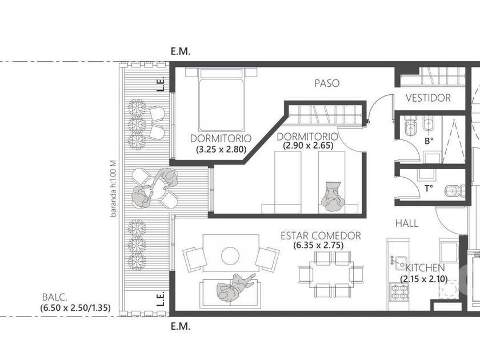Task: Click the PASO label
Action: [x=327, y=83]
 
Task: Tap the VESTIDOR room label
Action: [x=428, y=98]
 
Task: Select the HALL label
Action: [x=407, y=223]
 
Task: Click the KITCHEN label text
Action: [x=425, y=268]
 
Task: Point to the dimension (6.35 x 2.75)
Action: [x=318, y=245]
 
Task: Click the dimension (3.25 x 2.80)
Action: [x=221, y=149]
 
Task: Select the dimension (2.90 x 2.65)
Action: [x=308, y=145]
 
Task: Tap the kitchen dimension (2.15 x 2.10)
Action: [x=424, y=279]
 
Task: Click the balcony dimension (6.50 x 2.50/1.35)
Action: [x=75, y=307]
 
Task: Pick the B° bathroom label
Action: [x=429, y=141]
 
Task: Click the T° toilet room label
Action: [x=429, y=189]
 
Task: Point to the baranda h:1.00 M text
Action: [x=114, y=189]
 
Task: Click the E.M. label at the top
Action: [x=181, y=51]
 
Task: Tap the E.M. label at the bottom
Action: [x=181, y=326]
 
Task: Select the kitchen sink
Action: [x=399, y=263]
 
